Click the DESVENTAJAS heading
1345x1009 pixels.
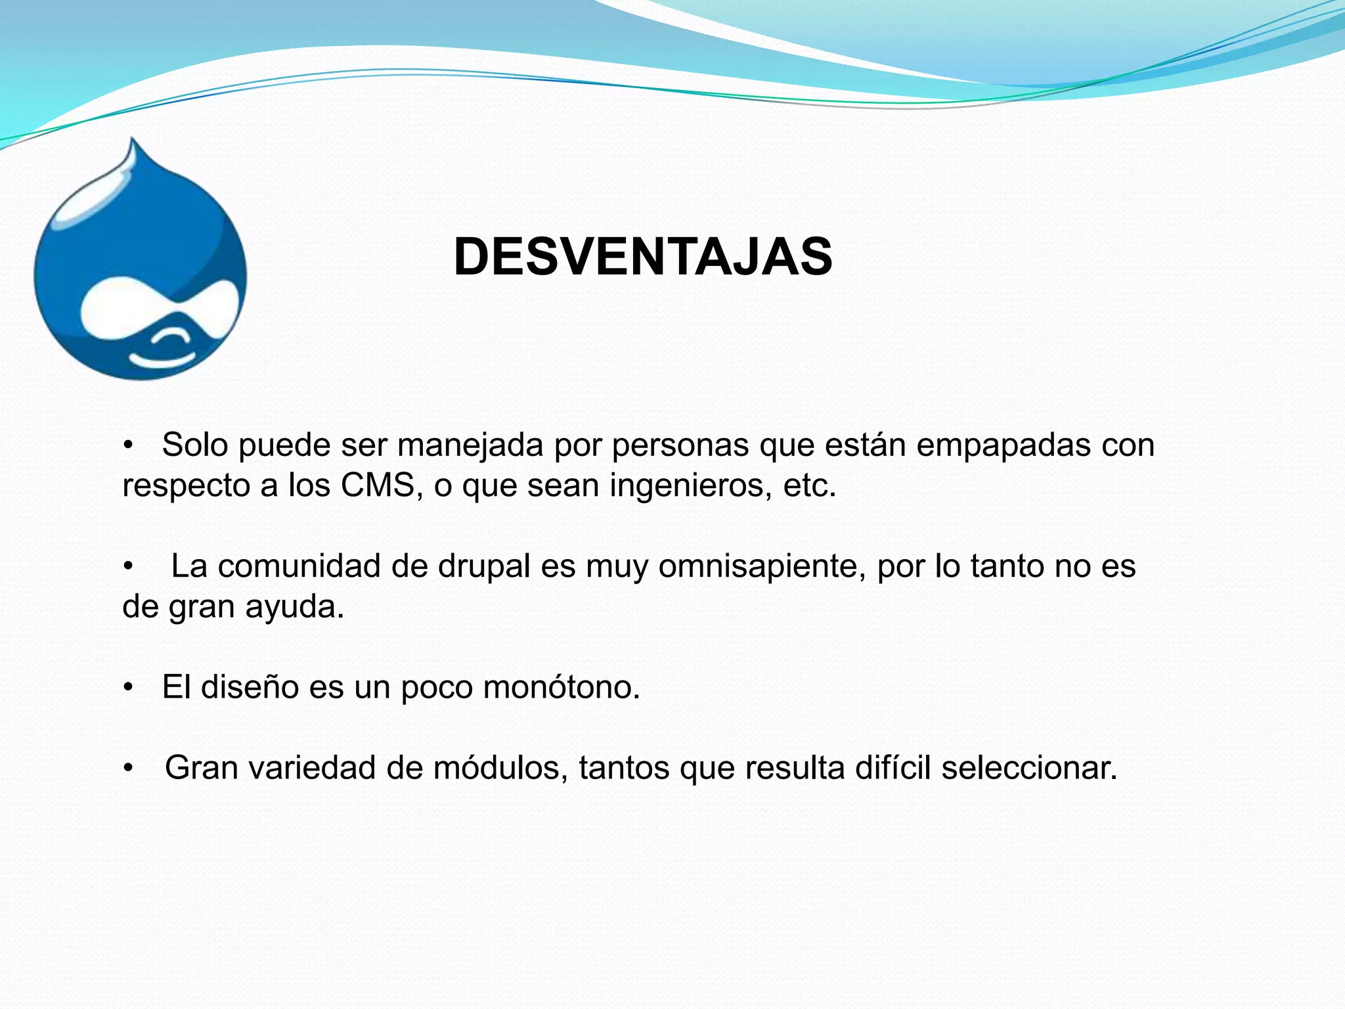point(643,257)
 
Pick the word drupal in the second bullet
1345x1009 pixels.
point(483,567)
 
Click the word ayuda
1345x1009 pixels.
point(294,608)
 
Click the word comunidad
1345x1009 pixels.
point(299,567)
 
